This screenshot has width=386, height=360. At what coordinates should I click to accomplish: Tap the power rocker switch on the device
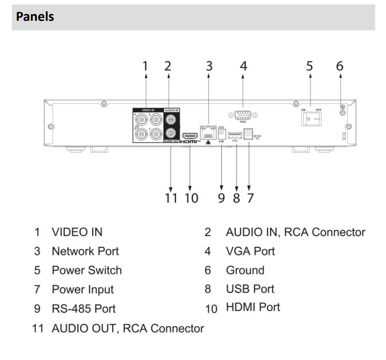309,119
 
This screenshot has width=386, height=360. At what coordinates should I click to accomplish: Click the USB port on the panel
235,134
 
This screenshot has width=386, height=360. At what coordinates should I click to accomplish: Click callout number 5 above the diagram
310,66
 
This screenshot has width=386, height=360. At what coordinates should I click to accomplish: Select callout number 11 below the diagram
172,198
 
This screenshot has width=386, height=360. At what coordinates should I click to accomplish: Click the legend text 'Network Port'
86,251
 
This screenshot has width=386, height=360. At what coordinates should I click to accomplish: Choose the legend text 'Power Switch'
87,270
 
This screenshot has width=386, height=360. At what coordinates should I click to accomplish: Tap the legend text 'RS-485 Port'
84,308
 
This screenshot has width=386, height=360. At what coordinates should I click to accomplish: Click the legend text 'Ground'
245,270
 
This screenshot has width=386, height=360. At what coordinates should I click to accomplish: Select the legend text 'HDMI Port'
253,307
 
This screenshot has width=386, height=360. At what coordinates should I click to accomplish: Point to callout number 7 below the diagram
250,198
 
